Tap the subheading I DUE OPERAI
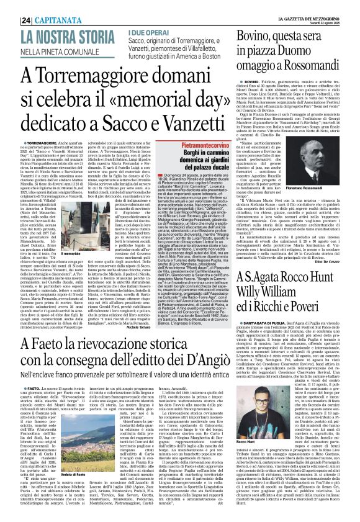pos(142,30)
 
